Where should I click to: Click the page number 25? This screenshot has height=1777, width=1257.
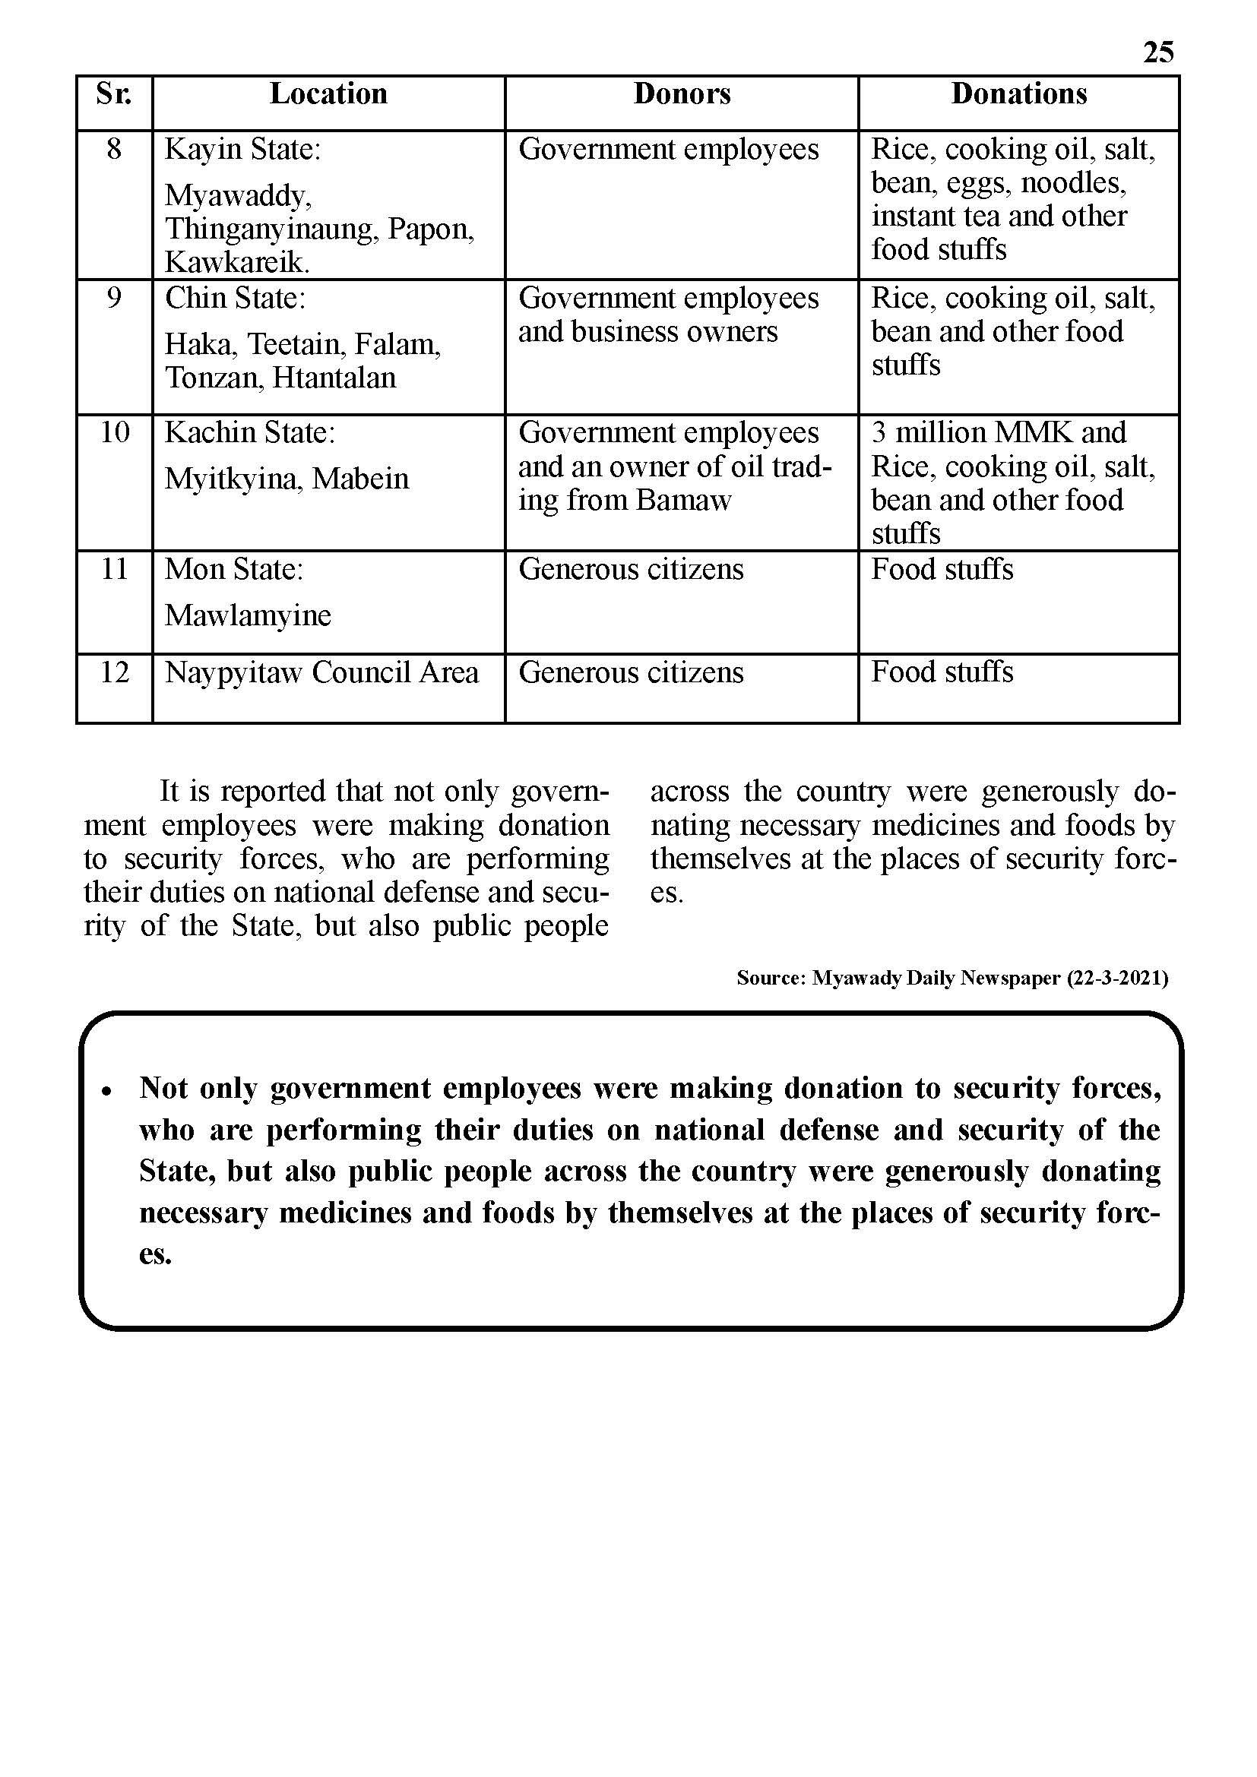(x=1158, y=52)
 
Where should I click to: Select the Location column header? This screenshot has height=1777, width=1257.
(x=328, y=93)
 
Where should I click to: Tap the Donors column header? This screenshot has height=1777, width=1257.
(x=682, y=93)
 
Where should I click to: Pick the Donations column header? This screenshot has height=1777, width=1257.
(x=1018, y=93)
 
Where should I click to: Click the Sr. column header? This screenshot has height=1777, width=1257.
(x=114, y=93)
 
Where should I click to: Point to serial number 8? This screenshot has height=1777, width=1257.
(x=114, y=149)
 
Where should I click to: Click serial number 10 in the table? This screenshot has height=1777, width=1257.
(x=114, y=432)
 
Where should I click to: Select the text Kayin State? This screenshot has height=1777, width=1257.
(x=242, y=150)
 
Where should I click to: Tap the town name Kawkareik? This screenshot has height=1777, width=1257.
(x=236, y=263)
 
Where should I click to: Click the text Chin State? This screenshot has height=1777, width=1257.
(x=235, y=298)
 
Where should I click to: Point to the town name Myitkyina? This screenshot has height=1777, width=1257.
(x=233, y=479)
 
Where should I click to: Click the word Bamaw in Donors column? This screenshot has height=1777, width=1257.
(x=683, y=500)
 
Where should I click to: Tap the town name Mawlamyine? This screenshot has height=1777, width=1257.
(x=248, y=615)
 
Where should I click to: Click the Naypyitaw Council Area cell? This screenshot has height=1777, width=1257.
(x=321, y=672)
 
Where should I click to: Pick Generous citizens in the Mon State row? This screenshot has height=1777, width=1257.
(x=630, y=569)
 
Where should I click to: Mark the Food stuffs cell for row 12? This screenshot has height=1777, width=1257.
(x=941, y=672)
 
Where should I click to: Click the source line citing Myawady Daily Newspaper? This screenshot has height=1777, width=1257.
(x=952, y=979)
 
